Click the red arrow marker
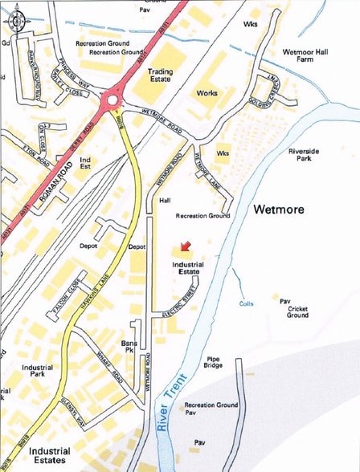pyautogui.click(x=186, y=246)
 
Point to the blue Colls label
pyautogui.click(x=247, y=303)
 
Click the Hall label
pyautogui.click(x=166, y=200)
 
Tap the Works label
pyautogui.click(x=207, y=93)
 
